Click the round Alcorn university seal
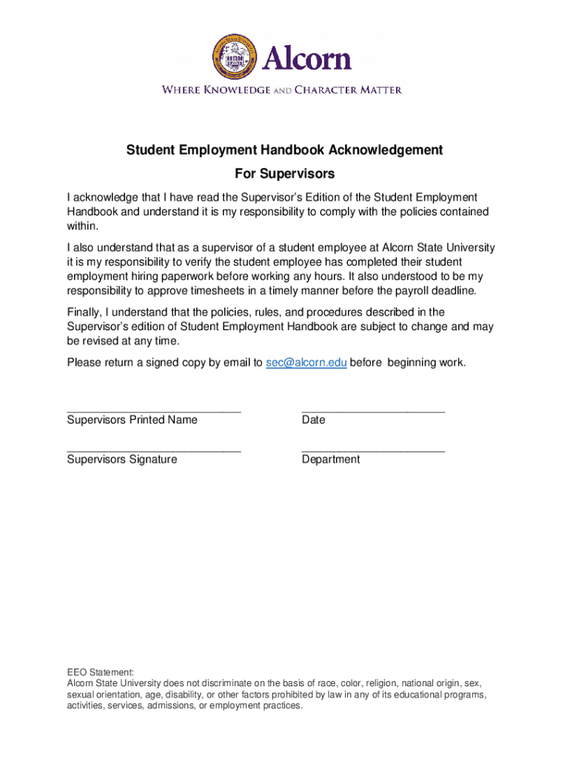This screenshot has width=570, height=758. point(233,58)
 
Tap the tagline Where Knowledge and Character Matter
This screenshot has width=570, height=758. point(282,90)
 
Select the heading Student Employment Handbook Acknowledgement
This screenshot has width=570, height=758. point(284,150)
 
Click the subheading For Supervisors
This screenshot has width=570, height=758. point(284,174)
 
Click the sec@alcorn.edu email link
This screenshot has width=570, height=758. point(306,363)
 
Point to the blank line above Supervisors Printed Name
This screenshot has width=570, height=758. point(154,410)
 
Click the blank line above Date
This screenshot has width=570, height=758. point(373,410)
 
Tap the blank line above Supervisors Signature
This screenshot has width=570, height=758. point(154,450)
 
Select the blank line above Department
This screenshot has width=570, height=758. point(373,450)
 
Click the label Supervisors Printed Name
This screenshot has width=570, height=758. point(133,420)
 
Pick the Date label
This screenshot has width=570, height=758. point(313,420)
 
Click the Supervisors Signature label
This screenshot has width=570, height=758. point(122,460)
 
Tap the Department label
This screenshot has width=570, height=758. point(331,460)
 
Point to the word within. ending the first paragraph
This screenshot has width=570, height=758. point(82,227)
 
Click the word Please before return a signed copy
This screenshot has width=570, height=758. point(84,363)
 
